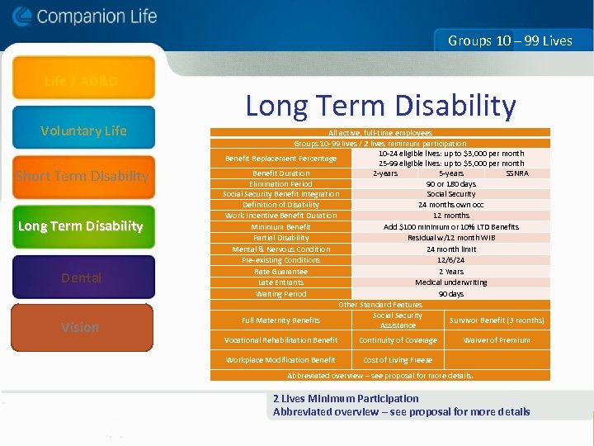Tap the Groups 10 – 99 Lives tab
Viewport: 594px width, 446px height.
pos(510,40)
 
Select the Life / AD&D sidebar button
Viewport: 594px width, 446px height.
pos(81,81)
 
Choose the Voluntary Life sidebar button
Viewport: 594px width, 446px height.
pos(83,130)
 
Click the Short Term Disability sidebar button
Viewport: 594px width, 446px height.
pos(82,176)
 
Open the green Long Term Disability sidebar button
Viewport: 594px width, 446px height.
pos(81,226)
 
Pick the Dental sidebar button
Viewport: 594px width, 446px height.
pos(82,278)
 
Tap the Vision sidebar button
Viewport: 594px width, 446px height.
pos(81,327)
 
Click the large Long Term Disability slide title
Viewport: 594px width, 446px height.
pos(380,106)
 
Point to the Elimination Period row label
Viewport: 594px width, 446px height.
pos(280,184)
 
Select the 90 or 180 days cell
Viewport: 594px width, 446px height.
pos(450,184)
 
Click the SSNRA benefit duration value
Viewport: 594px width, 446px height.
pos(517,173)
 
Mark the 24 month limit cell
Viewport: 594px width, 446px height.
pos(450,249)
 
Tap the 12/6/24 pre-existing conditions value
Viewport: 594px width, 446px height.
pos(450,260)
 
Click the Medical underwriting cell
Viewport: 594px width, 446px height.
pos(450,282)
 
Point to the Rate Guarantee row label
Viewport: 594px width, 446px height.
pos(280,272)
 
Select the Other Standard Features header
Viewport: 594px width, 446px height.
pos(380,305)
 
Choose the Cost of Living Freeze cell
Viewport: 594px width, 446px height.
pos(398,360)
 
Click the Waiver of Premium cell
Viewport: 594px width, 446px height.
pos(497,340)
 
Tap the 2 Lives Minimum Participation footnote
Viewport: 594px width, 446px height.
pos(346,398)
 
